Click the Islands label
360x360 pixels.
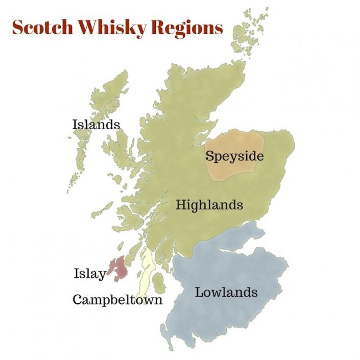[96, 124]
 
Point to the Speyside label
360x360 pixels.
[234, 156]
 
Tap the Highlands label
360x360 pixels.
[209, 205]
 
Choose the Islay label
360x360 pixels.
[90, 274]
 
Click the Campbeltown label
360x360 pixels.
[117, 300]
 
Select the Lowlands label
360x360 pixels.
[226, 293]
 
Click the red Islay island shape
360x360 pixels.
[118, 267]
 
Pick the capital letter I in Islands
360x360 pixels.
[75, 124]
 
